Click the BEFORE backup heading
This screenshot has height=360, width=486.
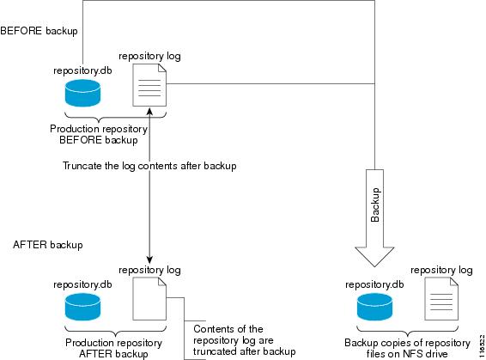coord(39,31)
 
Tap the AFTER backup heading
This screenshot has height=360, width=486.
coord(48,245)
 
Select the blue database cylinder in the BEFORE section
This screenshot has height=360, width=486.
coord(82,93)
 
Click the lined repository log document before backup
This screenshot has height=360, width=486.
coord(149,85)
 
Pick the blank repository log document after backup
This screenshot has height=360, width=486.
coord(149,299)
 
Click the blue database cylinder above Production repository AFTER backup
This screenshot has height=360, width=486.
coord(82,307)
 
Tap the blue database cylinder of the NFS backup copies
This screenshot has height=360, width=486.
coord(374,307)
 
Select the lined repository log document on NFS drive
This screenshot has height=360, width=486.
coord(441,299)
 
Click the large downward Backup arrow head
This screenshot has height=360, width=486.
coord(374,257)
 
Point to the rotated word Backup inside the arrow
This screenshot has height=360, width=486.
coord(375,205)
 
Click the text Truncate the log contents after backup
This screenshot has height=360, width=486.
coord(149,166)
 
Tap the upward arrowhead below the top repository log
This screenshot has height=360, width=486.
coord(149,112)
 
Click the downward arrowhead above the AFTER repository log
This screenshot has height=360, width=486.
coord(149,259)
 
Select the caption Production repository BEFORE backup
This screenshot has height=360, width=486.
coord(99,134)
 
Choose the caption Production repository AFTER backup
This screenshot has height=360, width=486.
coord(113,348)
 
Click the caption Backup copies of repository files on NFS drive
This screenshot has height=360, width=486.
coord(407,348)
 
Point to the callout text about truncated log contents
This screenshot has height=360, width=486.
coord(244,340)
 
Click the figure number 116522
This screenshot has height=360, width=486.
coord(482,346)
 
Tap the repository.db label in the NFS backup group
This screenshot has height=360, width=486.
coord(374,284)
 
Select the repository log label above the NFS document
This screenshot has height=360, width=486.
coord(441,270)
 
